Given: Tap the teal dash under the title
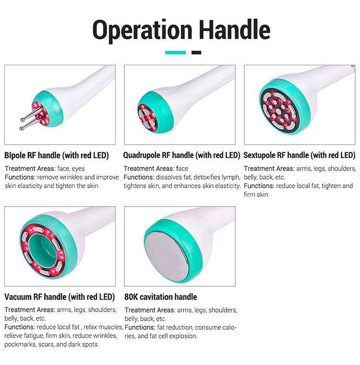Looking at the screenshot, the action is tap(176, 53).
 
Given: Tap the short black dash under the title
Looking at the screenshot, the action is tap(196, 53).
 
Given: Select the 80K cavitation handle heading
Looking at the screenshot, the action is tap(161, 297).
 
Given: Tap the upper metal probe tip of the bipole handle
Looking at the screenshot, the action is tap(23, 120).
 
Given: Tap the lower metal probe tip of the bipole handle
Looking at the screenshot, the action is tap(22, 129).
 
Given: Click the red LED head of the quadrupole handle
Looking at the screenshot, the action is tap(147, 118).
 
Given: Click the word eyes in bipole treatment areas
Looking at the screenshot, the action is tap(78, 169).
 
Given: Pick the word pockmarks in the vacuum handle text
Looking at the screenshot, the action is tap(20, 344).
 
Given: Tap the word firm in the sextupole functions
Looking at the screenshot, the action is tap(250, 195).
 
